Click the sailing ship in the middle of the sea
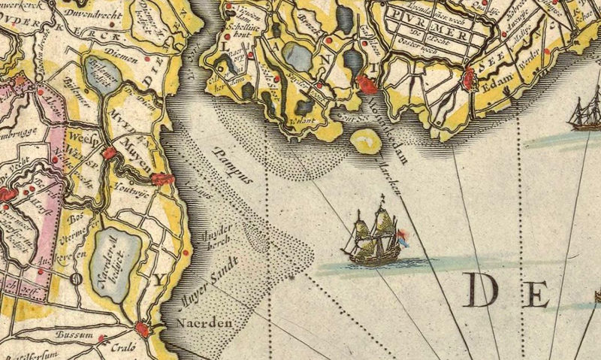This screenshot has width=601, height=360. click(375, 235)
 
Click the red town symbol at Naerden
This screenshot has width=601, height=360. click(142, 328)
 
